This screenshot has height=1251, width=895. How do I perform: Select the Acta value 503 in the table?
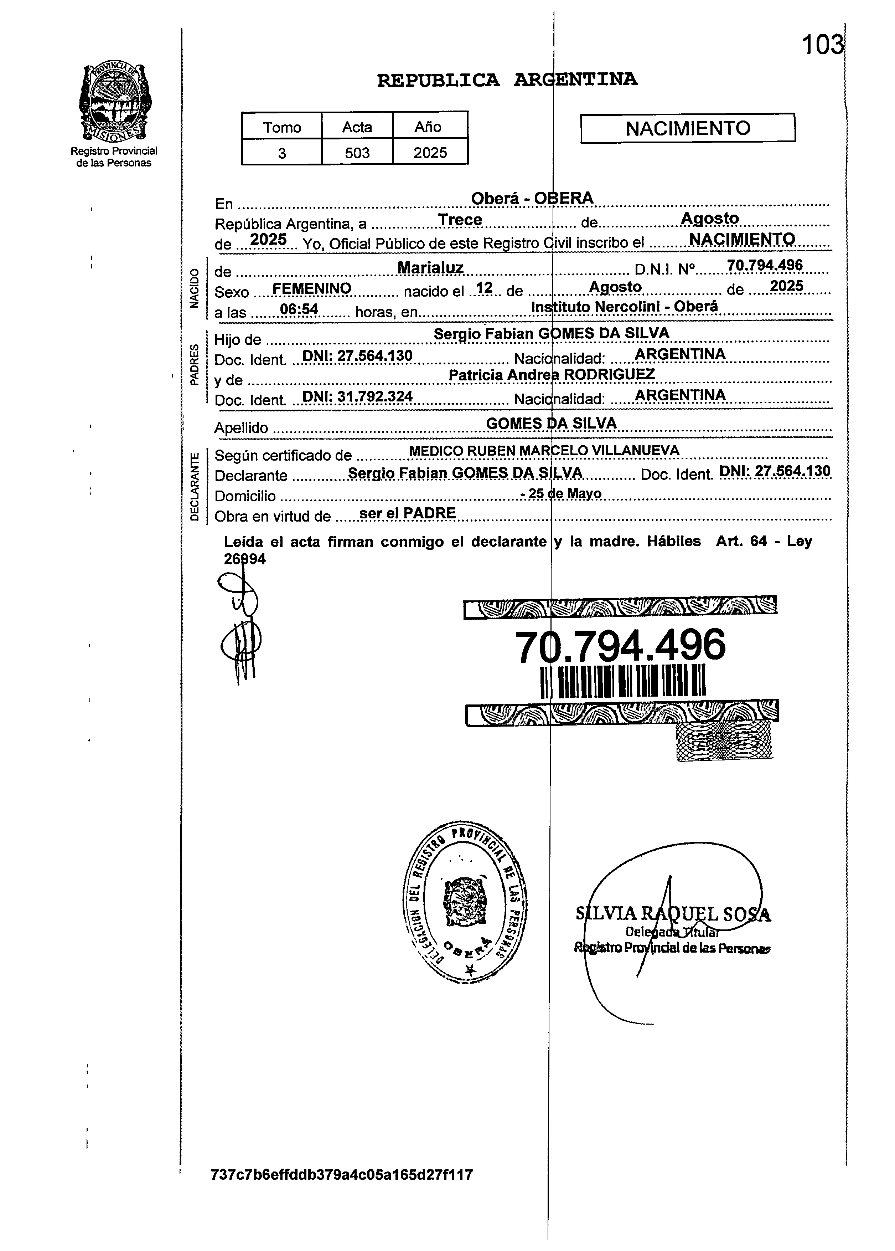(x=357, y=153)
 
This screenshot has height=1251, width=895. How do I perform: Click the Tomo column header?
(x=281, y=127)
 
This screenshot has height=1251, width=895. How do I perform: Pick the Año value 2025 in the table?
(x=430, y=153)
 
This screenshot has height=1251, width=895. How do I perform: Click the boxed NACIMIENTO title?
(x=687, y=128)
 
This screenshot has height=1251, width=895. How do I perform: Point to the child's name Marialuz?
(x=430, y=268)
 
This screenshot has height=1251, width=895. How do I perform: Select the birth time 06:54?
(x=299, y=309)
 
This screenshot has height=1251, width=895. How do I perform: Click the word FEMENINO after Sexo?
(x=311, y=288)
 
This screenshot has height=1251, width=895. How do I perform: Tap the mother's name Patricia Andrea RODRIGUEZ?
(x=551, y=375)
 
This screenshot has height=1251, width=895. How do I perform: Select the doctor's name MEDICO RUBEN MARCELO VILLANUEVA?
(x=543, y=451)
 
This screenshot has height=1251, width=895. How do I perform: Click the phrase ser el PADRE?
(x=407, y=513)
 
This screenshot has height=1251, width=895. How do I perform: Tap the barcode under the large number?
(x=623, y=681)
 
